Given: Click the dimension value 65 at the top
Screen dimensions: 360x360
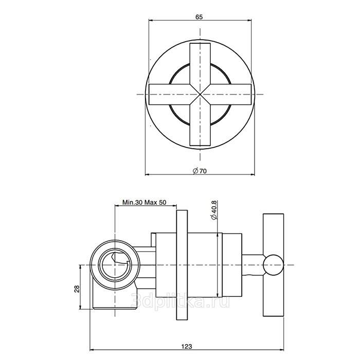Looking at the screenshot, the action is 199,17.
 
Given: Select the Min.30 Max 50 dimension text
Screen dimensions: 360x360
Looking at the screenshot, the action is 144,202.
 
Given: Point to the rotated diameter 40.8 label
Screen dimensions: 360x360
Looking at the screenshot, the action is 213,210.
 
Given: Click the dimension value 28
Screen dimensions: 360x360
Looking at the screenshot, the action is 77,289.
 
